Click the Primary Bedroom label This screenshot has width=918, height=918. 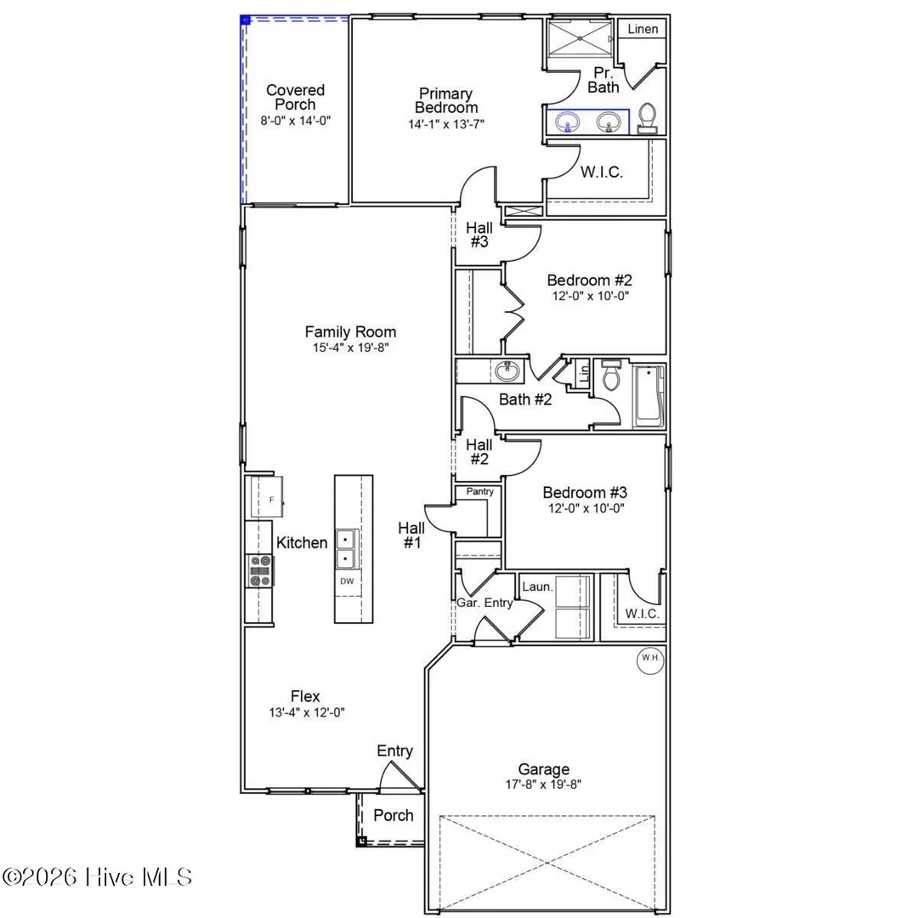pyautogui.click(x=446, y=100)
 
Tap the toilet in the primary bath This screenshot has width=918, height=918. pyautogui.click(x=647, y=118)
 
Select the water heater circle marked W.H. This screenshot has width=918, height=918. pyautogui.click(x=650, y=660)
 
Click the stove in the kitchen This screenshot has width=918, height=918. pyautogui.click(x=260, y=570)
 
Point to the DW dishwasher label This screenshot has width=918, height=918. pyautogui.click(x=347, y=581)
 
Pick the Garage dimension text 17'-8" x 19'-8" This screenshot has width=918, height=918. pyautogui.click(x=543, y=785)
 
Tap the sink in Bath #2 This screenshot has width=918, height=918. pyautogui.click(x=507, y=371)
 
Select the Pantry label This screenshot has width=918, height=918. pyautogui.click(x=479, y=492)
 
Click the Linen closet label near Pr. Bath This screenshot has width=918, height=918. pyautogui.click(x=643, y=29)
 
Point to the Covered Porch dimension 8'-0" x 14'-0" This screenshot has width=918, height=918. pyautogui.click(x=296, y=121)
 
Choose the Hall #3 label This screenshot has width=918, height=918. pyautogui.click(x=479, y=235)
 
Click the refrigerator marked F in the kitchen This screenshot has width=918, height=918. pyautogui.click(x=267, y=496)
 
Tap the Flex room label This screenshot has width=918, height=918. pyautogui.click(x=305, y=696)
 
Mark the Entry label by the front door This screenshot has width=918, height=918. pyautogui.click(x=394, y=751)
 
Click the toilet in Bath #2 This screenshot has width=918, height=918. pyautogui.click(x=611, y=376)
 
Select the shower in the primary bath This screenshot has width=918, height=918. pyautogui.click(x=580, y=38)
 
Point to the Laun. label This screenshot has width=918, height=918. pyautogui.click(x=537, y=586)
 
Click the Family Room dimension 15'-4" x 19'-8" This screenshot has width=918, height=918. pyautogui.click(x=351, y=348)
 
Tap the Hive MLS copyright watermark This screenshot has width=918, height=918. pyautogui.click(x=97, y=877)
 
